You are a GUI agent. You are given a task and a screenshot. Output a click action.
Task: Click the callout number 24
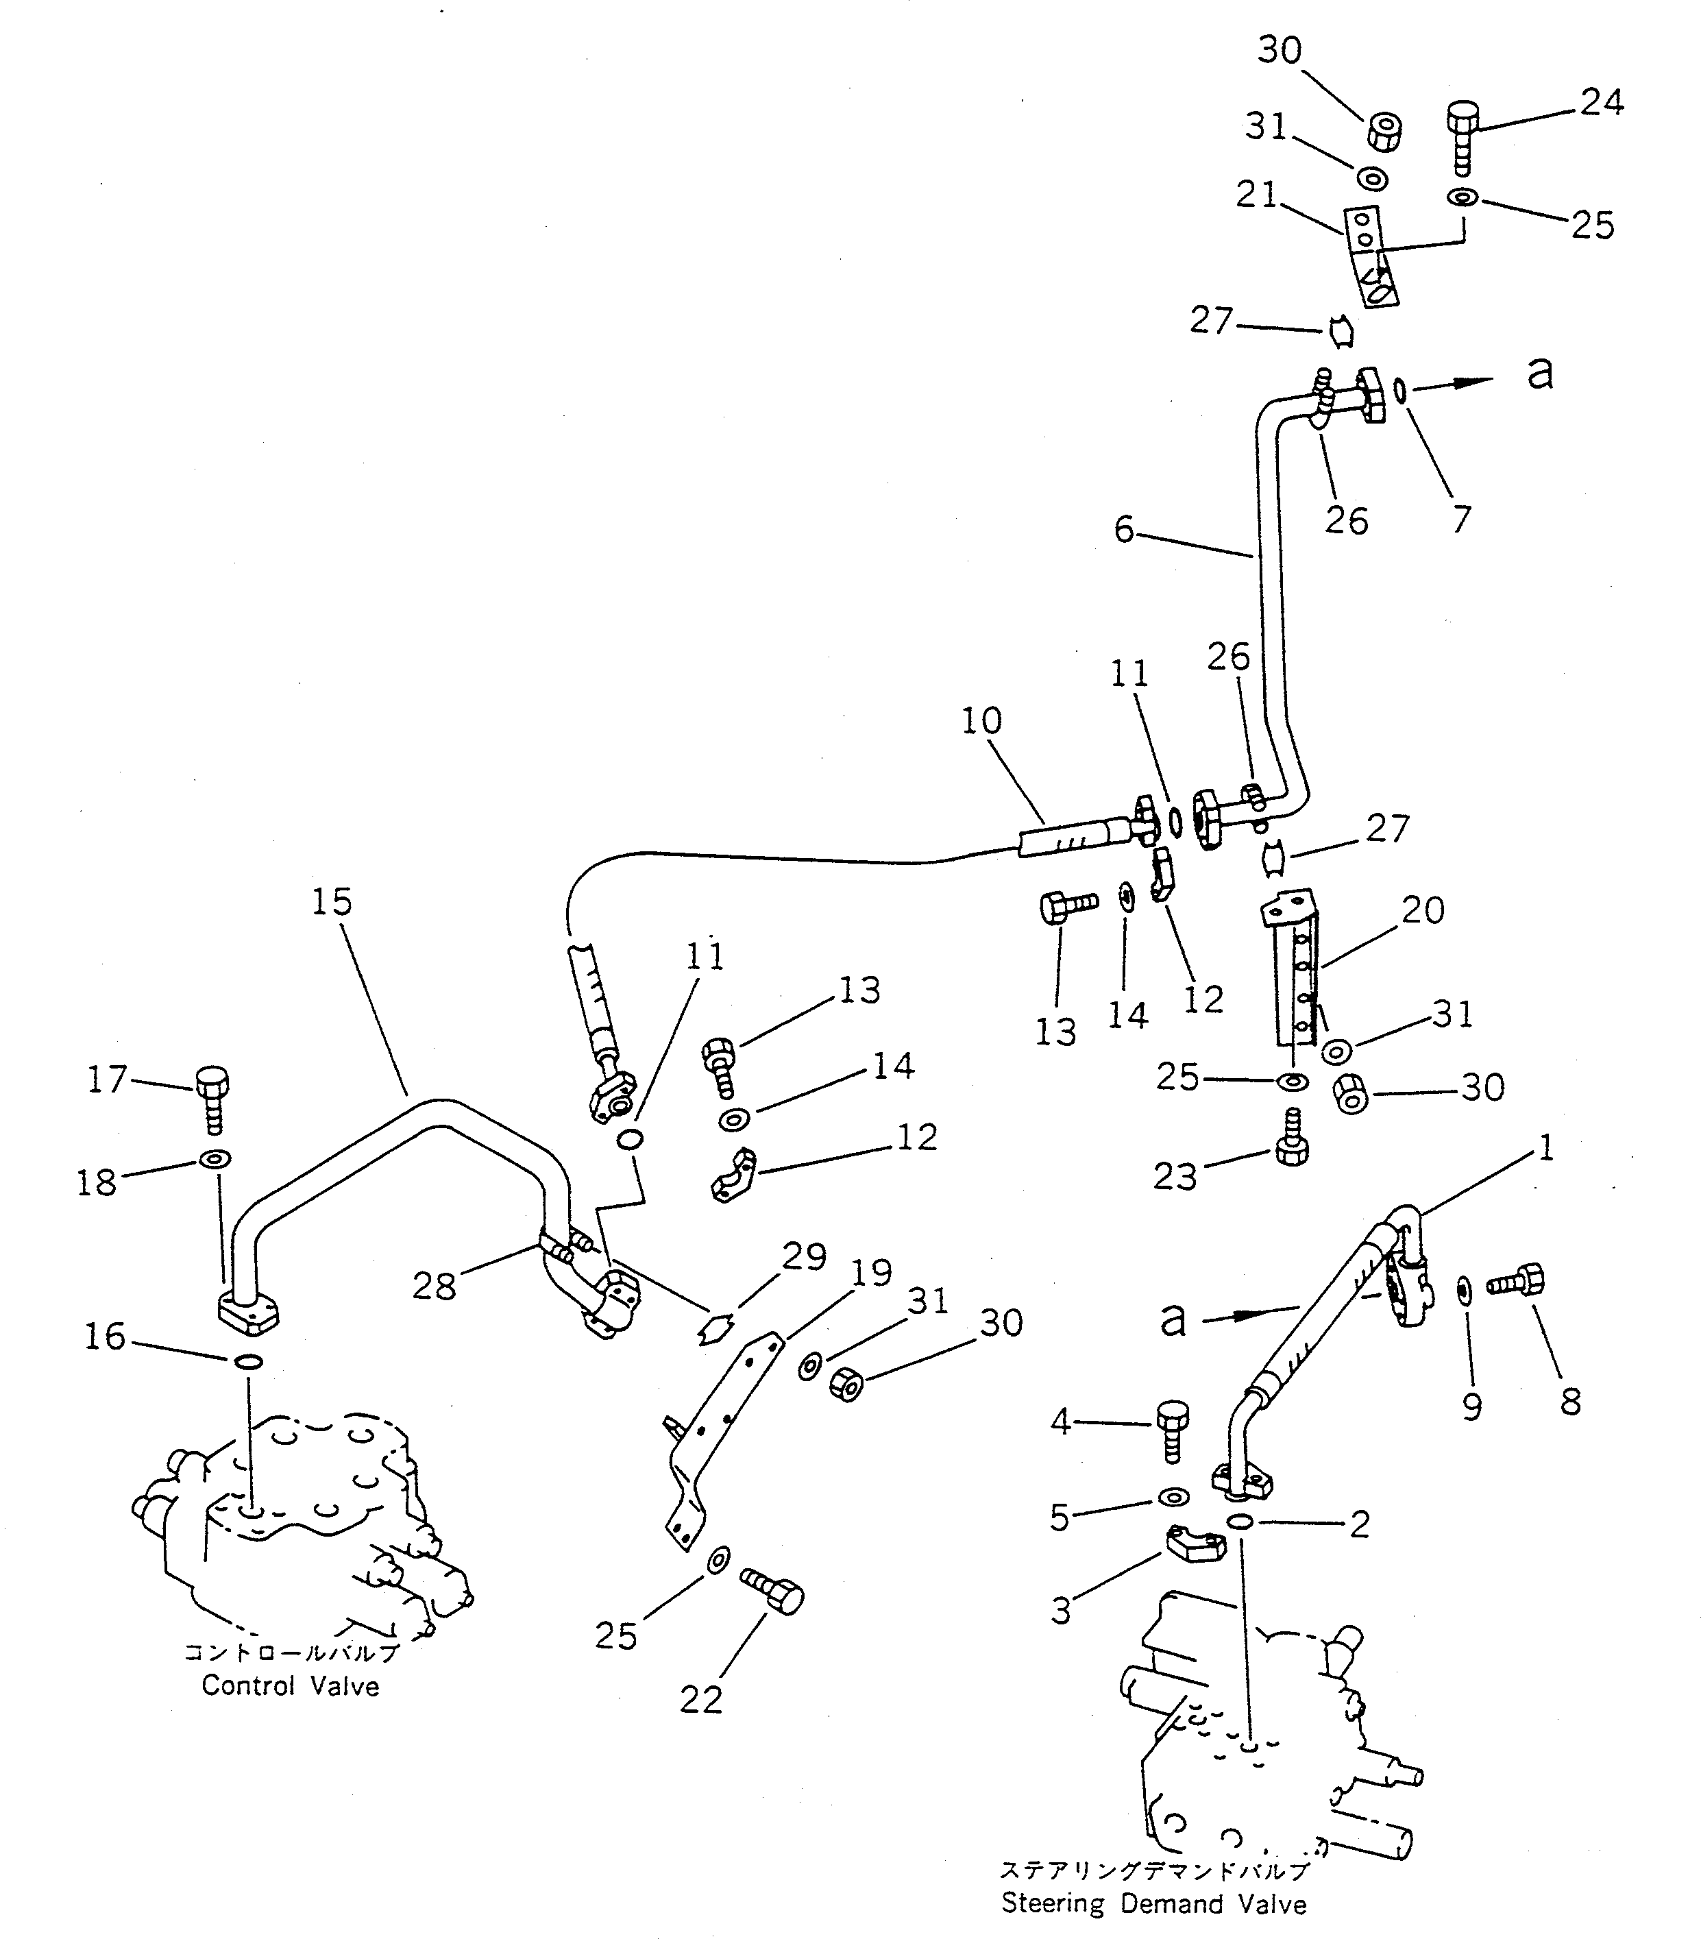pos(1602,101)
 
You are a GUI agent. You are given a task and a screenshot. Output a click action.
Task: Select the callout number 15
pos(331,902)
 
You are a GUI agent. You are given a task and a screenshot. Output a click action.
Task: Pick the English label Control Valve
pos(291,1685)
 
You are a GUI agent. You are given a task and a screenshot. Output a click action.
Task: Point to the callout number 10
pos(981,721)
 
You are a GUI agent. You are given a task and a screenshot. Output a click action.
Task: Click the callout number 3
pos(1061,1610)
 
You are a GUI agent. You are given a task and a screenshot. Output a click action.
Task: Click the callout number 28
pos(434,1286)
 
